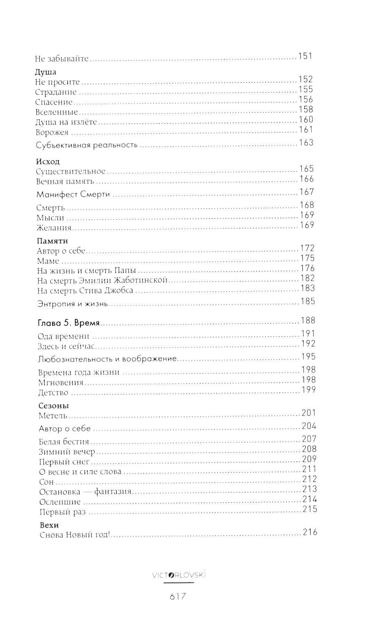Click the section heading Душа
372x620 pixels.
pos(45,72)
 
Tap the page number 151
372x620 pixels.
pos(305,56)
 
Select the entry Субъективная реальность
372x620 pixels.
pos(87,145)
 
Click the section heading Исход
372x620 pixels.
pos(48,162)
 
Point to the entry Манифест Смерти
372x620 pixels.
pos(73,194)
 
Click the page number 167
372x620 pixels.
pos(307,192)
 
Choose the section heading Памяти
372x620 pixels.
pos(52,241)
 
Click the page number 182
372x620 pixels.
pos(307,278)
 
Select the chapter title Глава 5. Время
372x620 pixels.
pos(69,323)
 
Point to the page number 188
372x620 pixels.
pos(308,320)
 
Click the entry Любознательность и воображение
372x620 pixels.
pos(107,359)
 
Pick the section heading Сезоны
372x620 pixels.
pos(54,406)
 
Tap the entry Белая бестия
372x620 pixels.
pos(64,442)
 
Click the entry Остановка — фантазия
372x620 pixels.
pos(86,492)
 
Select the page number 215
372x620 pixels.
pos(310,509)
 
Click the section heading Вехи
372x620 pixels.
pos(49,525)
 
